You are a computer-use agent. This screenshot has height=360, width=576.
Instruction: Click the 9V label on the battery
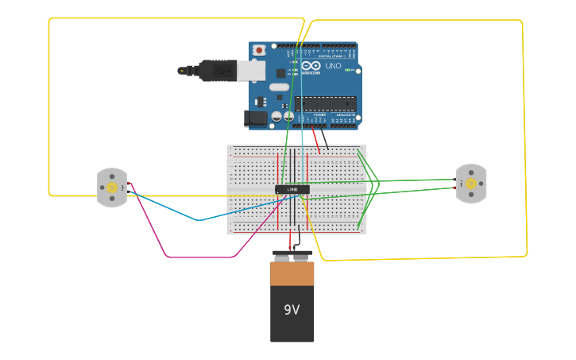(292, 309)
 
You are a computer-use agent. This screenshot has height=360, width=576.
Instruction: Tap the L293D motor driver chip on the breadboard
(292, 189)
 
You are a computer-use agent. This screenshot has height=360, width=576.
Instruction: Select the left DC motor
(112, 188)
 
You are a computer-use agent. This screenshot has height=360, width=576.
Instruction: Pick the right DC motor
(471, 184)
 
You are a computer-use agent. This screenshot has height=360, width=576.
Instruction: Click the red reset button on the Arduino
(258, 50)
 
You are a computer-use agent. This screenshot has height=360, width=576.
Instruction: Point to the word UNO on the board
(333, 66)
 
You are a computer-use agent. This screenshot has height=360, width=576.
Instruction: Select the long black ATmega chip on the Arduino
(326, 103)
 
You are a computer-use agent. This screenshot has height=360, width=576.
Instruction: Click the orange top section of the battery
(292, 273)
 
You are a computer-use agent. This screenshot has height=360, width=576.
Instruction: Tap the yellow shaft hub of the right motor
(471, 184)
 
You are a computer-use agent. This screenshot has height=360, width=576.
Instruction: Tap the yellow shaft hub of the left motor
(112, 188)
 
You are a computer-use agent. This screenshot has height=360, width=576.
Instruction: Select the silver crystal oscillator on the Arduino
(279, 87)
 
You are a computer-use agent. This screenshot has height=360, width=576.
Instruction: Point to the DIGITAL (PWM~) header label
(334, 56)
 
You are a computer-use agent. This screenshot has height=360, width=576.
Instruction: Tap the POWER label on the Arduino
(319, 115)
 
